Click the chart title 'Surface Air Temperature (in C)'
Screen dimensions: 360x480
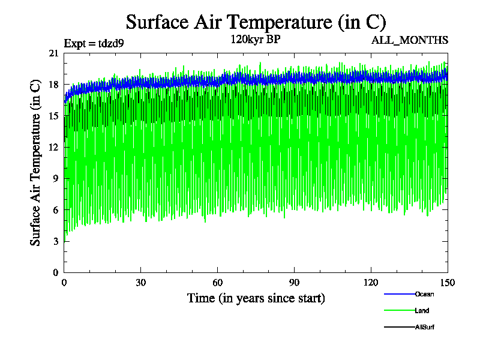coord(256,22)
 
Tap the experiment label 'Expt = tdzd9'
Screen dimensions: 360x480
coord(94,43)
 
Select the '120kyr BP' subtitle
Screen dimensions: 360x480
coord(256,40)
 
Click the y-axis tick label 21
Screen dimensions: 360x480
coord(53,53)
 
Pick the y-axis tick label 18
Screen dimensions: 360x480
coord(53,85)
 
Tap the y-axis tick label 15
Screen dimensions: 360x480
coord(53,116)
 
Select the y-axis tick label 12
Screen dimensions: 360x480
coord(53,147)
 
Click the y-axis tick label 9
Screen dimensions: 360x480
coord(56,178)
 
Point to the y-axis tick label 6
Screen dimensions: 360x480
coord(56,209)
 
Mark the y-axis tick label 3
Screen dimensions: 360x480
coord(56,241)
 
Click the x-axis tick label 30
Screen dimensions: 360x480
coord(141,283)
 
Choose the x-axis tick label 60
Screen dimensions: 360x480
coord(218,283)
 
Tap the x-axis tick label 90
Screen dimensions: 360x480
coord(295,283)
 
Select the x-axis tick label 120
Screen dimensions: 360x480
coord(371,283)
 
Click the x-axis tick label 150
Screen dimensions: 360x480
coord(448,283)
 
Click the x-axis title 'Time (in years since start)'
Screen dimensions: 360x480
coord(256,298)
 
